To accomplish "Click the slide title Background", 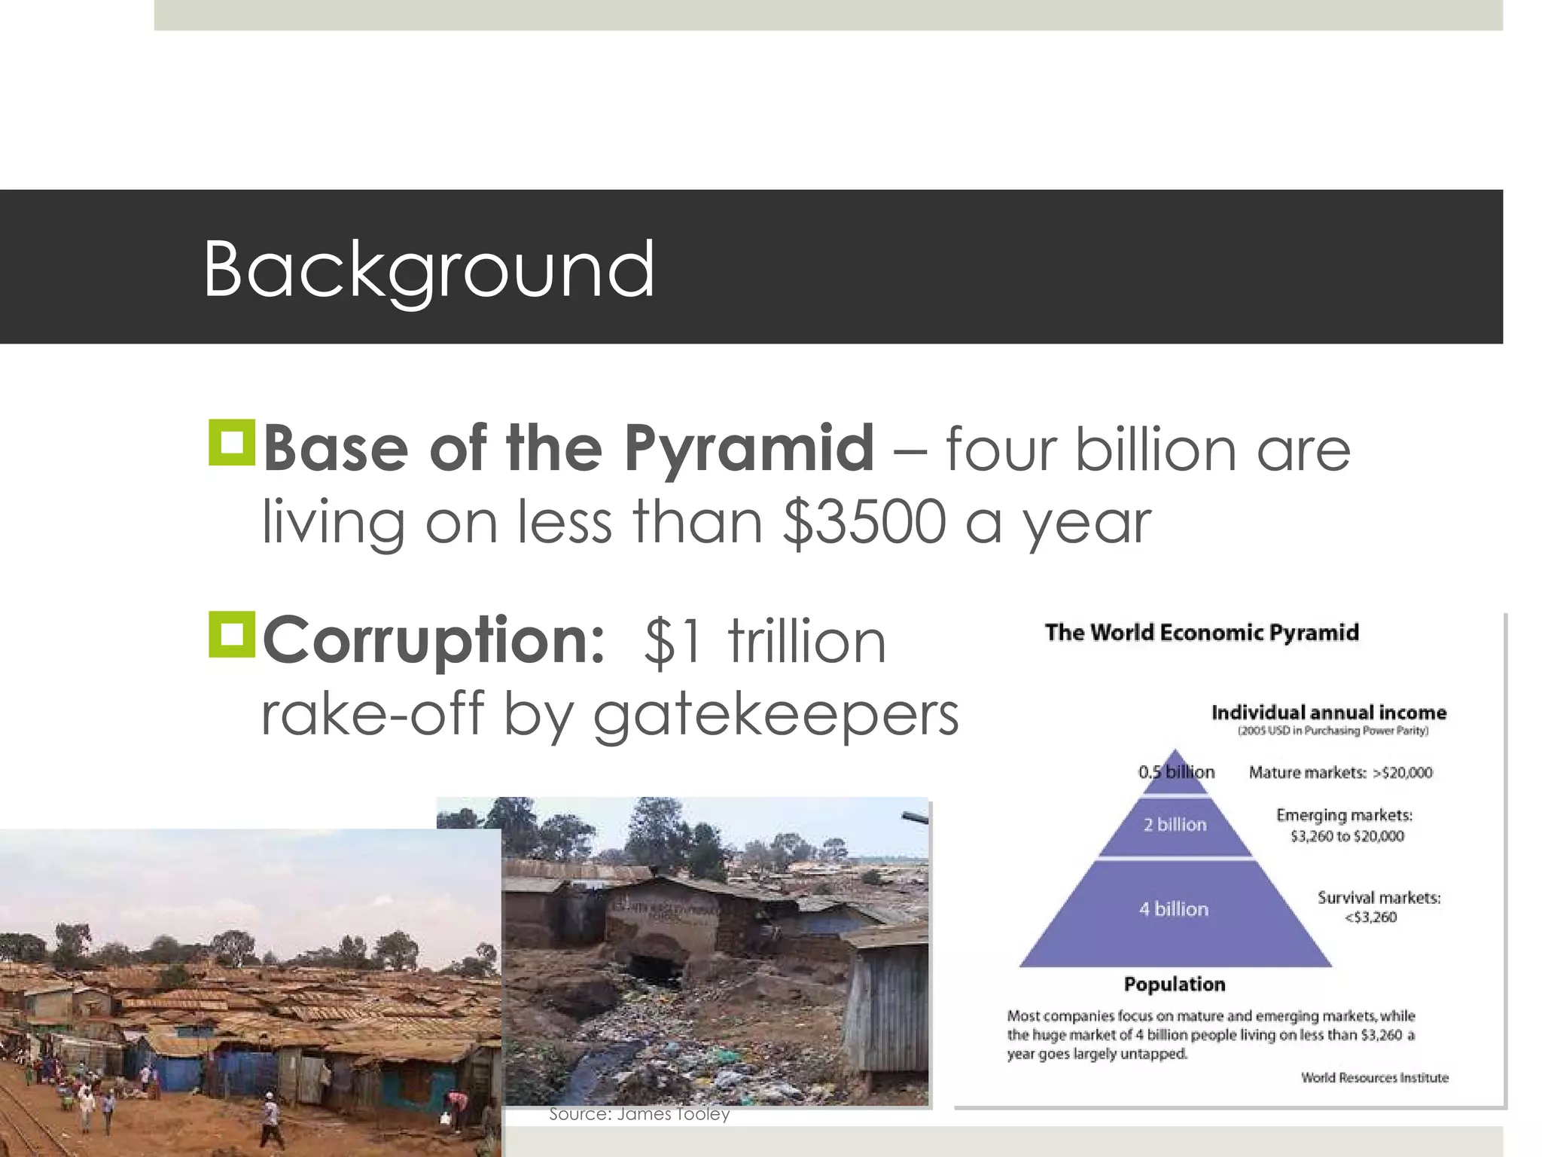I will [x=428, y=269].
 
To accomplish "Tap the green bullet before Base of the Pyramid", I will [x=232, y=443].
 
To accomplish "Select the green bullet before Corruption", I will [x=232, y=634].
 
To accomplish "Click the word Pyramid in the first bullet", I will [x=749, y=448].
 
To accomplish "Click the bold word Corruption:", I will [x=434, y=640].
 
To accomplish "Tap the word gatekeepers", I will [x=776, y=713].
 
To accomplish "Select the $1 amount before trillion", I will [x=673, y=642].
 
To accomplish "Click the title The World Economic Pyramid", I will [x=1202, y=632].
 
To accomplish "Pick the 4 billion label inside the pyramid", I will [x=1173, y=909].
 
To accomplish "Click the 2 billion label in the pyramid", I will [x=1175, y=825].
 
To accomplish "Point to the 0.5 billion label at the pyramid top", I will [x=1176, y=772].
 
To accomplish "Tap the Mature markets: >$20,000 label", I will [x=1340, y=772].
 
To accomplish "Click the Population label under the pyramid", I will [x=1175, y=985].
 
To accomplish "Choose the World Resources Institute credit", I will [x=1374, y=1078].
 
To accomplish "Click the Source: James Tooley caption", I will [x=639, y=1114].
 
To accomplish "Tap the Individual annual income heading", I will [x=1329, y=713].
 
